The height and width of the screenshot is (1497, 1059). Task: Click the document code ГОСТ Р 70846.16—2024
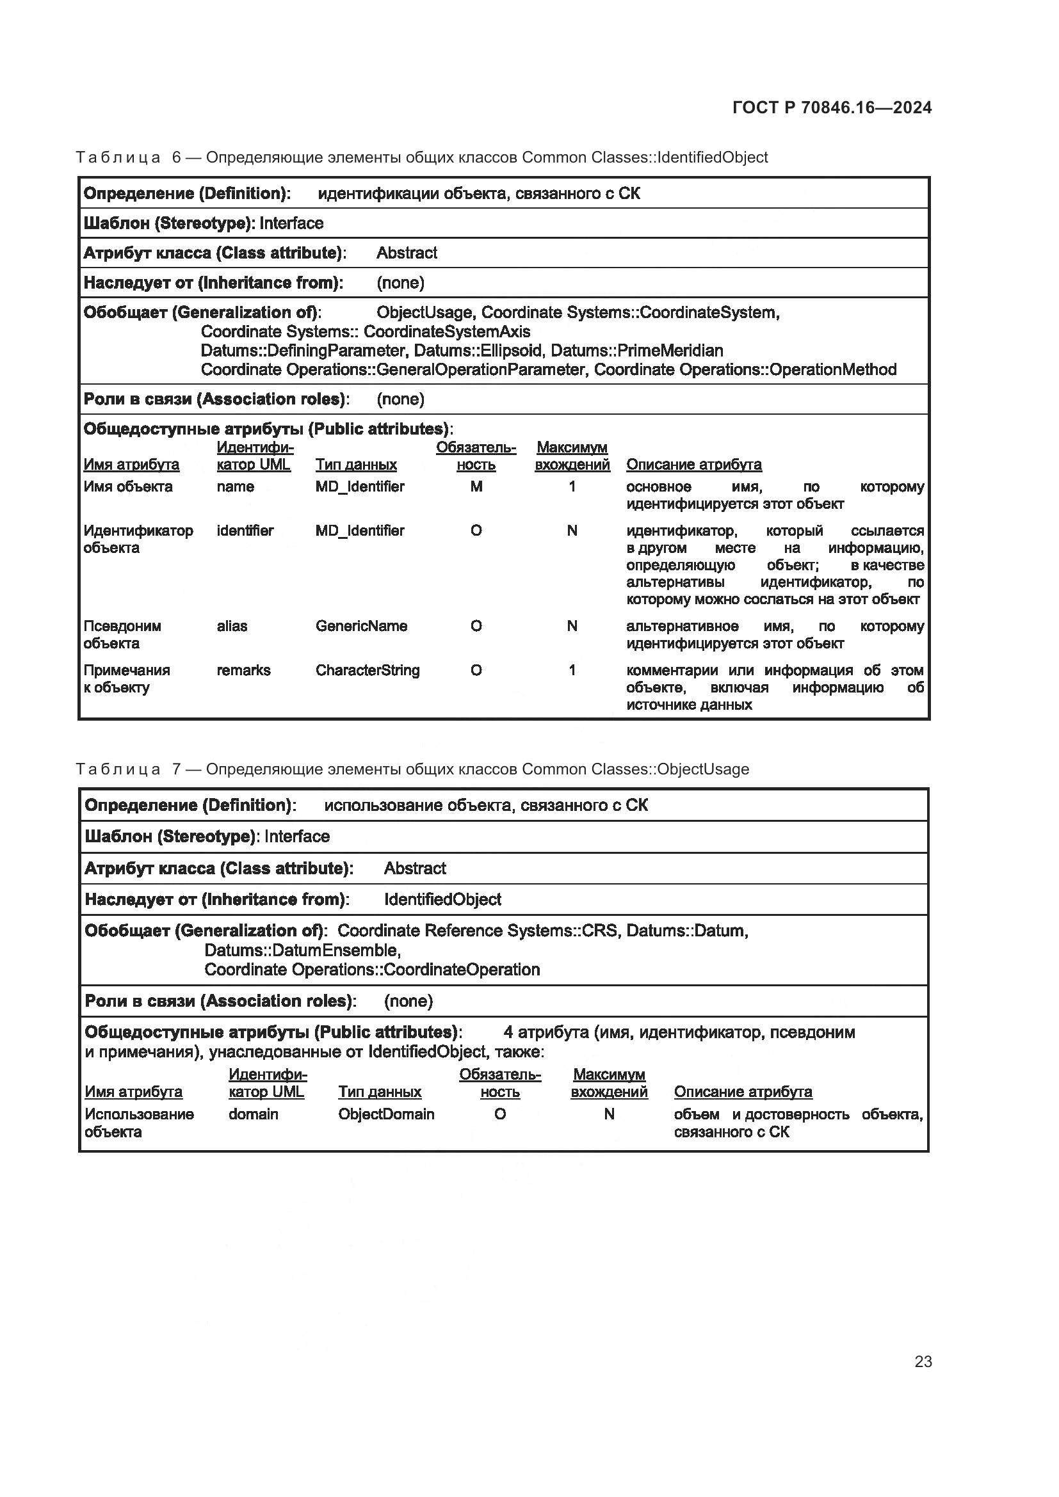832,108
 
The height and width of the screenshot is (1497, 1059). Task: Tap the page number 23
923,1361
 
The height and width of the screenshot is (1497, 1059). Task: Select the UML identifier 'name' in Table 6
235,486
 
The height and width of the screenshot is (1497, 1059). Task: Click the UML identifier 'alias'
232,626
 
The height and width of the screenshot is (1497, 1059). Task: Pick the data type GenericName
361,626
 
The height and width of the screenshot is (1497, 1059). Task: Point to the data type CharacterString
367,670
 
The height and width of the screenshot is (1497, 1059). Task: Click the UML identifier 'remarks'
243,670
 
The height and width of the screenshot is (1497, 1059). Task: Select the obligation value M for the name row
476,486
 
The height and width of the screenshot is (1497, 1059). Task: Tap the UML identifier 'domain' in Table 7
253,1114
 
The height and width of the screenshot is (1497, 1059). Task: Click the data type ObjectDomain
386,1114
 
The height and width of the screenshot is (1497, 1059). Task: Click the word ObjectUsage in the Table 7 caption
703,769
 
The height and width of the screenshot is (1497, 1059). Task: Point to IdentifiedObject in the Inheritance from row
442,900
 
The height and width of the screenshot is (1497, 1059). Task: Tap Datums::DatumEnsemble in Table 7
302,950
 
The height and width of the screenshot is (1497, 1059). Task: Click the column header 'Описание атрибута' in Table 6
693,465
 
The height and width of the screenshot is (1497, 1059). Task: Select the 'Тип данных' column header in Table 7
380,1092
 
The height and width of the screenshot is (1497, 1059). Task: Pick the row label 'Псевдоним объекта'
122,634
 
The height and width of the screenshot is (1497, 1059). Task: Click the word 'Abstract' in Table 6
407,253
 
